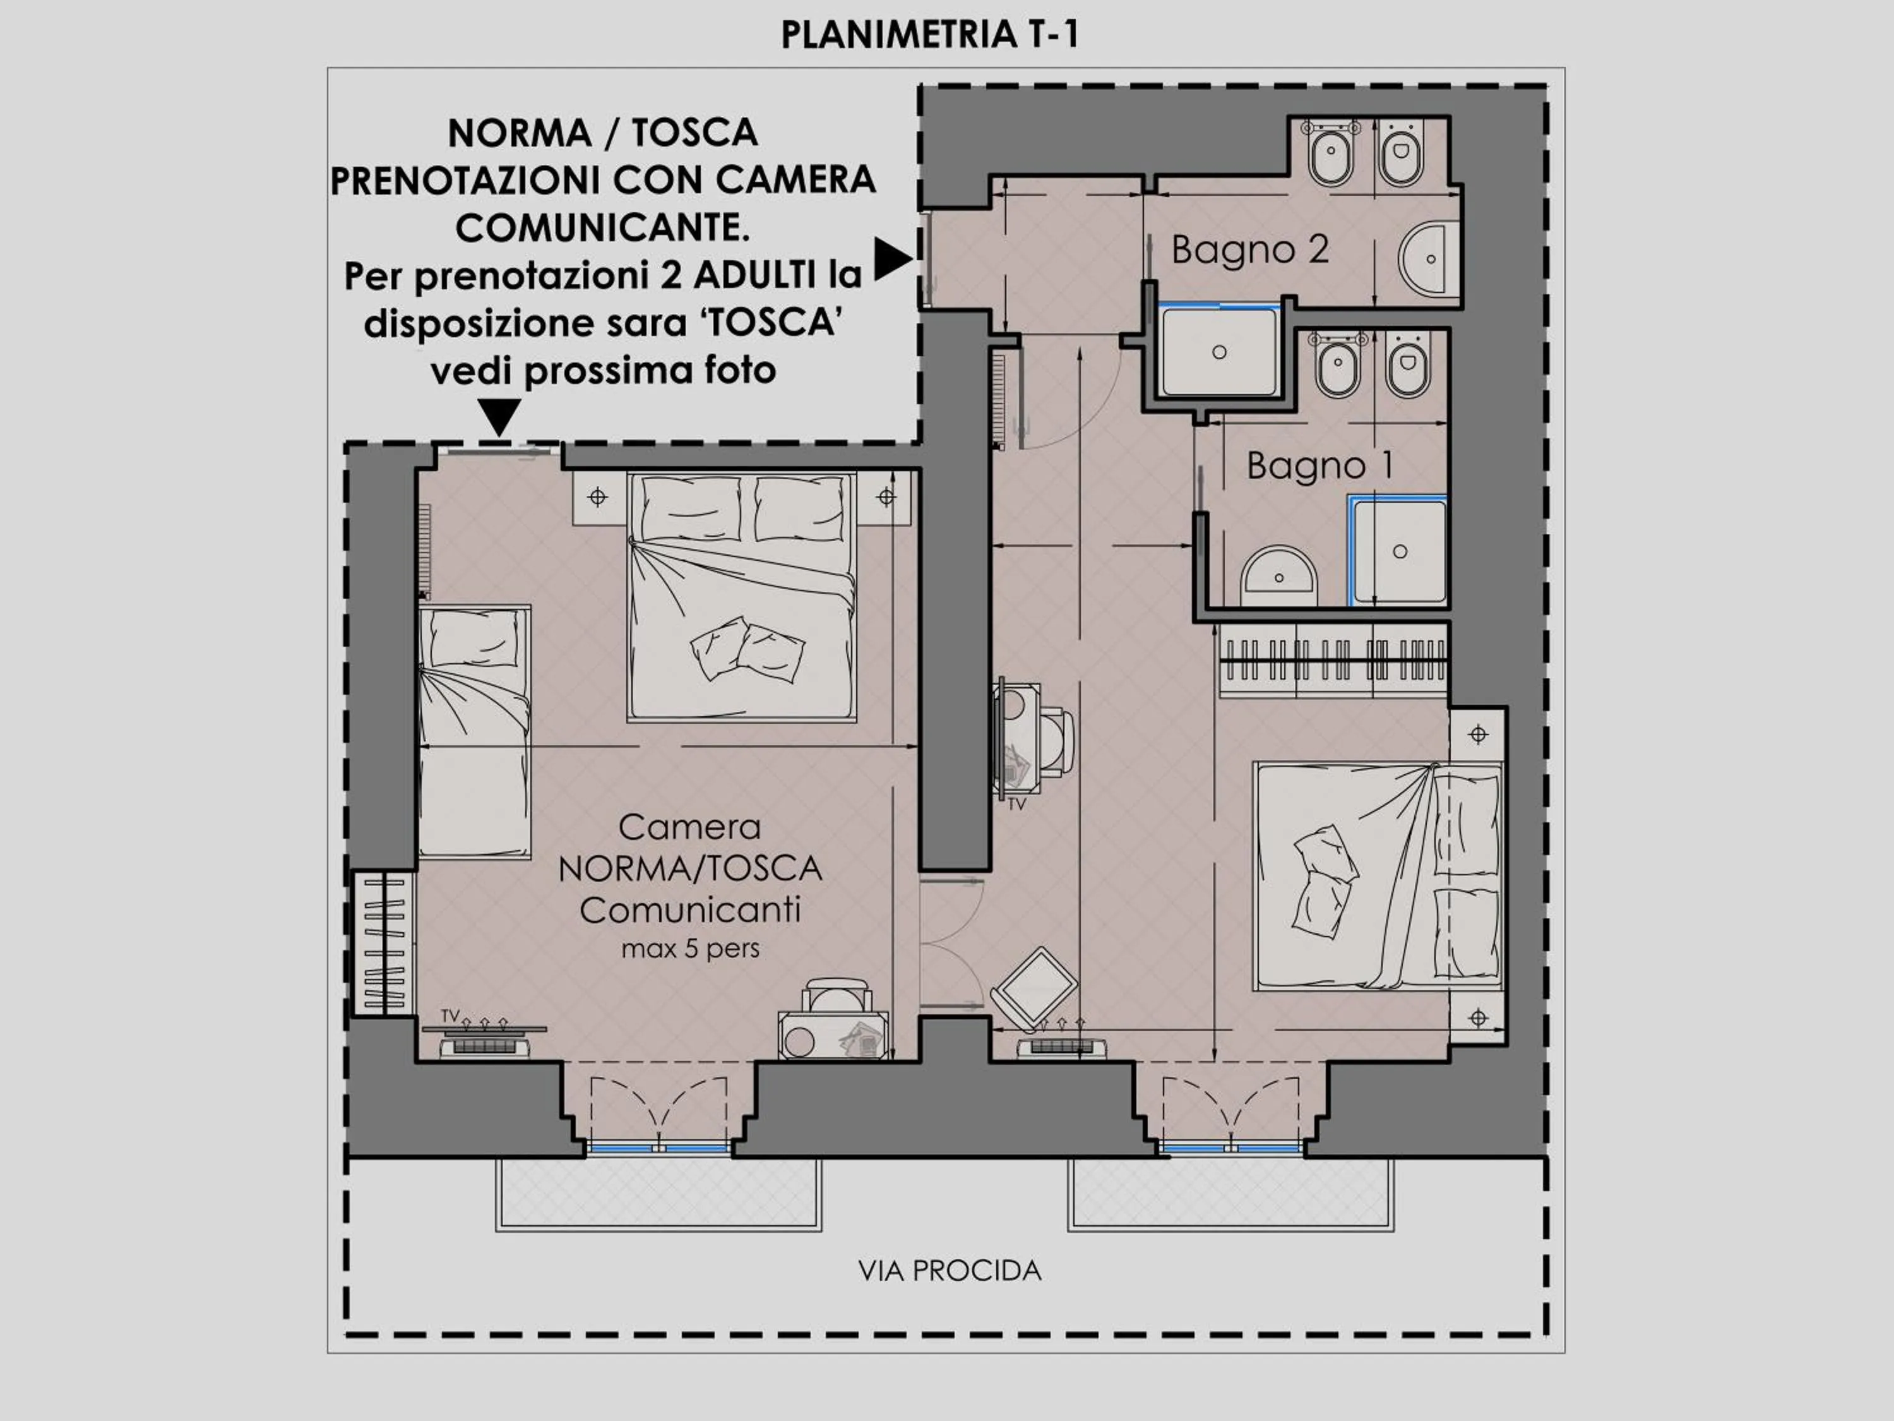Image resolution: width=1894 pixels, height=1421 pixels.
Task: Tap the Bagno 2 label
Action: (1249, 249)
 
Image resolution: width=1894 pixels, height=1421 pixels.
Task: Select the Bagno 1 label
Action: (1319, 466)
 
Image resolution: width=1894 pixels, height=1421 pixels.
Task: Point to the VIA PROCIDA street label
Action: (950, 1270)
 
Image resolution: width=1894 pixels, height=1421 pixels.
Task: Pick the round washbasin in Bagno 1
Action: (1278, 572)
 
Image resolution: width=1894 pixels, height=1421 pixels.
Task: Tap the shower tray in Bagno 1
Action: (1399, 551)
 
